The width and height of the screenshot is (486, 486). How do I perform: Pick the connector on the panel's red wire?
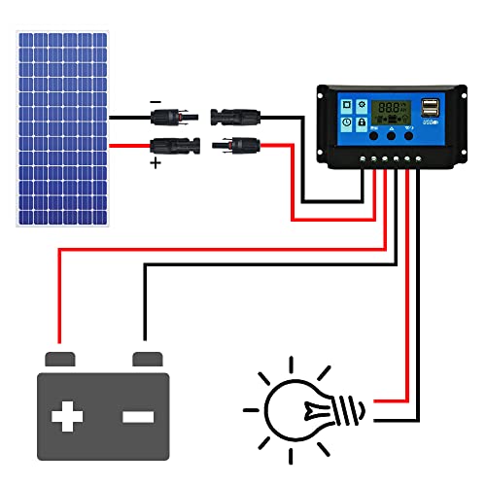[x=171, y=148]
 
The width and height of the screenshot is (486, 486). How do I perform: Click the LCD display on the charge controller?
[x=392, y=110]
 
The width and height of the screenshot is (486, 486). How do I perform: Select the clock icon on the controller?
[x=346, y=123]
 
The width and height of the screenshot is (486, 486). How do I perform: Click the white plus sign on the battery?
[x=68, y=417]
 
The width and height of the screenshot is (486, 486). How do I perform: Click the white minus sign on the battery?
[x=137, y=417]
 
